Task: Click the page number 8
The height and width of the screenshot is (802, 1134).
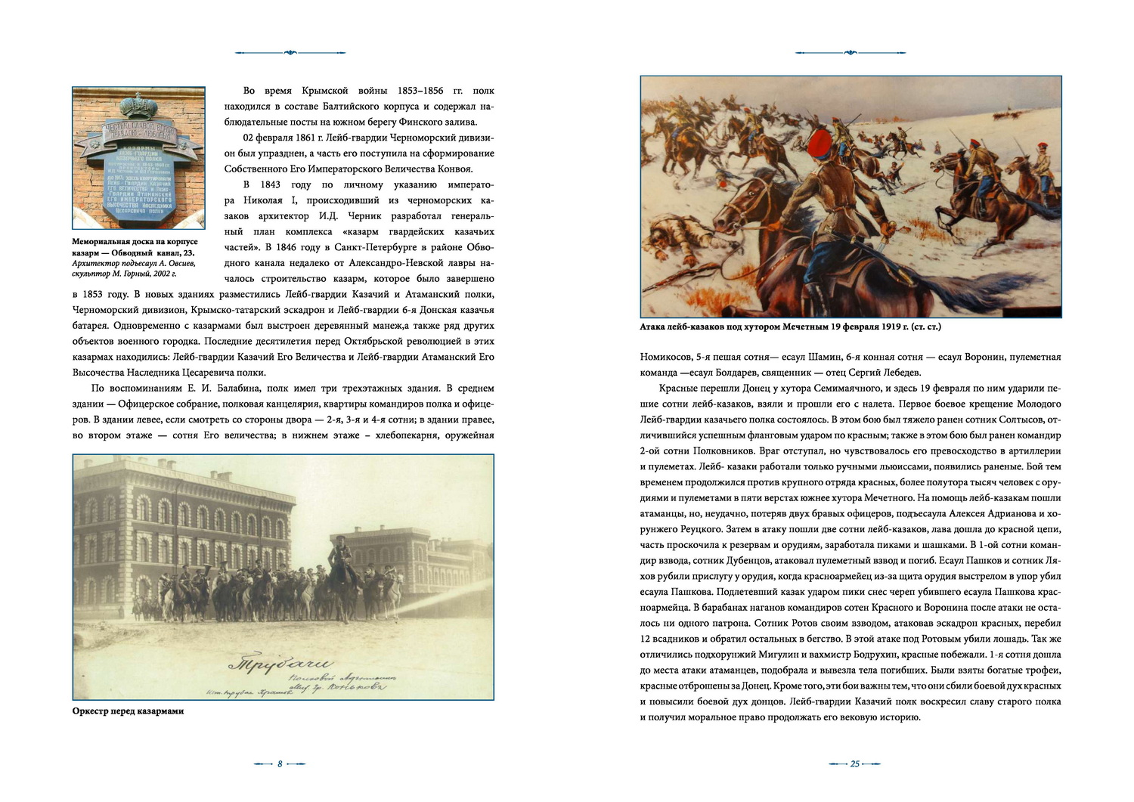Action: pyautogui.click(x=280, y=764)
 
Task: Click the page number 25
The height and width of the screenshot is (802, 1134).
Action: pyautogui.click(x=855, y=764)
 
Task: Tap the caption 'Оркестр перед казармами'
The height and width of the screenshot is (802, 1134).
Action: pyautogui.click(x=128, y=711)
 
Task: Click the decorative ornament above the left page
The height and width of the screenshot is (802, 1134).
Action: pyautogui.click(x=291, y=53)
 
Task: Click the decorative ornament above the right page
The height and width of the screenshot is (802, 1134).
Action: pyautogui.click(x=850, y=53)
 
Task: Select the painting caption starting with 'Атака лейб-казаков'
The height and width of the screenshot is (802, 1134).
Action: pyautogui.click(x=790, y=327)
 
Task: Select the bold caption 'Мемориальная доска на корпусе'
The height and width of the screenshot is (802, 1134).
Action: pyautogui.click(x=135, y=242)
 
